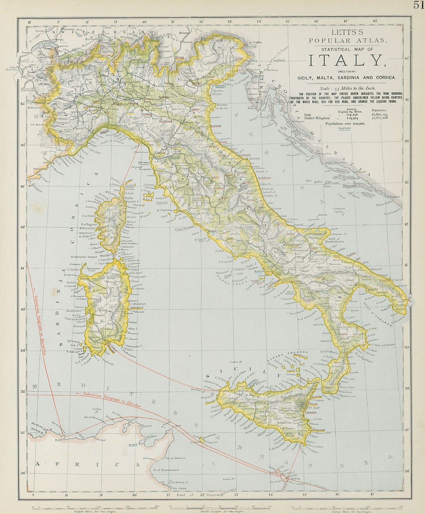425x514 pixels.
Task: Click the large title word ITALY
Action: coord(347,60)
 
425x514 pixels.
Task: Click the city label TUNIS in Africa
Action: coord(133,445)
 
